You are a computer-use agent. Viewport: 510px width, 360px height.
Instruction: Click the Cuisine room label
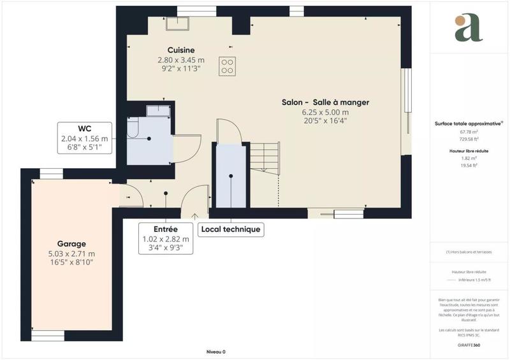pos(181,50)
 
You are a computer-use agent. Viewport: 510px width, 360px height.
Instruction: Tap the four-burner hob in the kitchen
pos(226,66)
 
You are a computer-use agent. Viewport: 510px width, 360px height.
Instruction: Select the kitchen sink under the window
pos(178,24)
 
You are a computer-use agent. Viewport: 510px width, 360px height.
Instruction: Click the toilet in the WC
pos(133,129)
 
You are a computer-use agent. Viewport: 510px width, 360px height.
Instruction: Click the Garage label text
pos(71,244)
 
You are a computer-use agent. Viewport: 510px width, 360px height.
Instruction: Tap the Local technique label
pos(230,229)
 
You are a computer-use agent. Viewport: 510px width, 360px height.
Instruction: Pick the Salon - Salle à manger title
pos(326,102)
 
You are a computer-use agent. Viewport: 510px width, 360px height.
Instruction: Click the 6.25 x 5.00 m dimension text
pos(326,112)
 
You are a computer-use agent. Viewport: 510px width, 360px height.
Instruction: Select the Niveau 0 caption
pos(216,352)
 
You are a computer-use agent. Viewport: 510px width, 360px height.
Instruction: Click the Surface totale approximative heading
pos(468,124)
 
